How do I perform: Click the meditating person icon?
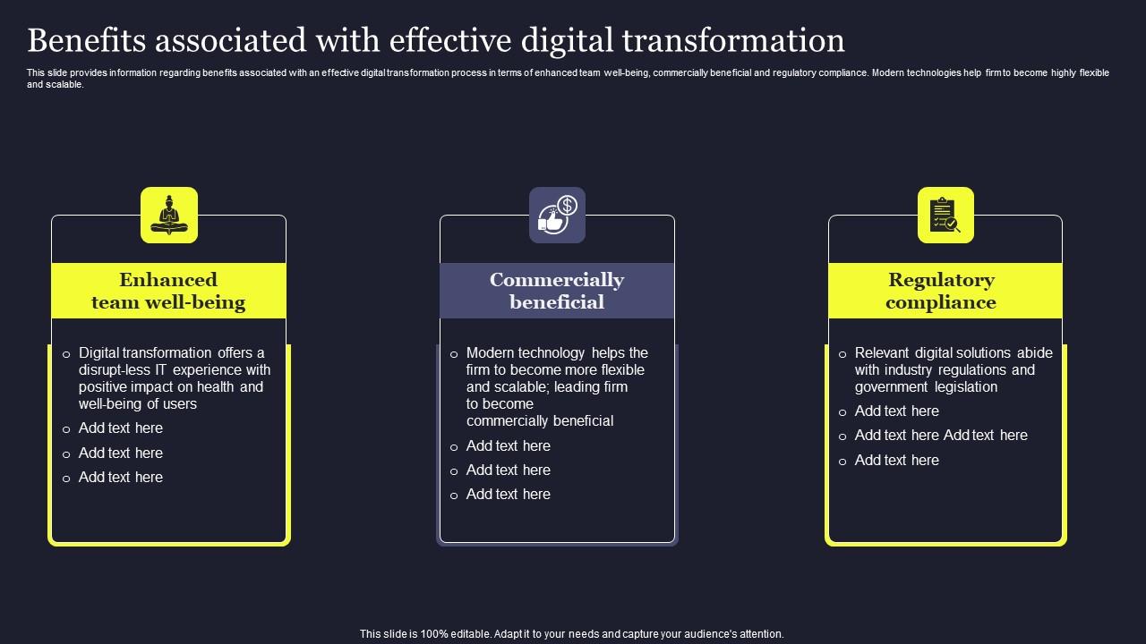click(x=169, y=215)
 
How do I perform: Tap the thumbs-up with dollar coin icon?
click(x=557, y=215)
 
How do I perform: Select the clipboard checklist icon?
click(x=945, y=215)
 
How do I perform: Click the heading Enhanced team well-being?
click(x=168, y=291)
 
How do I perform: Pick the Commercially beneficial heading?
click(x=557, y=291)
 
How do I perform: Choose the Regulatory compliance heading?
click(x=941, y=291)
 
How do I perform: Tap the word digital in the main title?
click(x=572, y=40)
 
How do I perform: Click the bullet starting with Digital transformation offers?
click(x=175, y=378)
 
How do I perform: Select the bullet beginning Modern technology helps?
click(x=556, y=386)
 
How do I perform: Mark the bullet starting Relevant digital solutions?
click(x=953, y=369)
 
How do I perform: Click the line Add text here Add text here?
click(x=941, y=436)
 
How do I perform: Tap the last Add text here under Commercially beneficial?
click(x=508, y=495)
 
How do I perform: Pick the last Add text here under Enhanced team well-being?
click(x=121, y=478)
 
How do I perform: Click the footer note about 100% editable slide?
click(x=571, y=633)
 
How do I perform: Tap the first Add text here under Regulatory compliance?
click(x=896, y=411)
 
